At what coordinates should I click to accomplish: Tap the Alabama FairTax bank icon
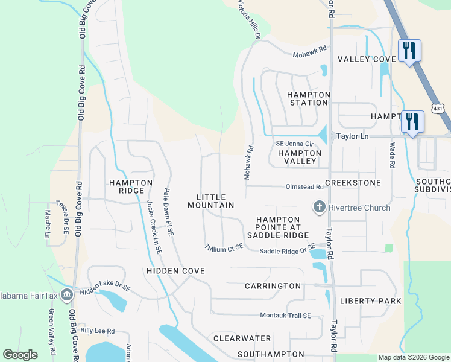click(x=67, y=294)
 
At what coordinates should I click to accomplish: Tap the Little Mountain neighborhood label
click(x=210, y=202)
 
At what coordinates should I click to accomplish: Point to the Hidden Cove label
click(x=175, y=271)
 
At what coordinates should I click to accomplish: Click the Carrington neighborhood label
click(x=273, y=285)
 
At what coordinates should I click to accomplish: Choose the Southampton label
click(x=271, y=354)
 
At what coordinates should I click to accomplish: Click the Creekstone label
click(x=353, y=182)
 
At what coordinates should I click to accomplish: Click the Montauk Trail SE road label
click(x=285, y=316)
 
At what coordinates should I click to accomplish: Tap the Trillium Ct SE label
click(x=224, y=247)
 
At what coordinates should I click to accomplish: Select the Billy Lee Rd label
click(x=97, y=331)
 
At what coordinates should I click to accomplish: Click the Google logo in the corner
click(x=20, y=355)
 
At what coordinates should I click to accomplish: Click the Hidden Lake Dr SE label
click(x=106, y=290)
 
